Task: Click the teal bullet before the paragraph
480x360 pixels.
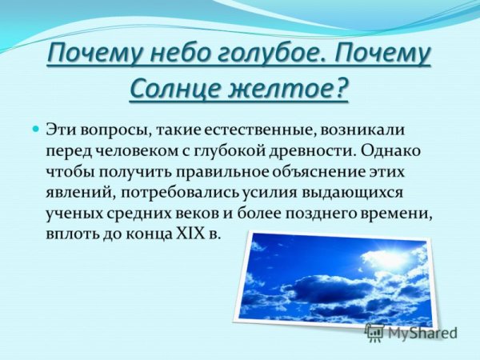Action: click(35, 129)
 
